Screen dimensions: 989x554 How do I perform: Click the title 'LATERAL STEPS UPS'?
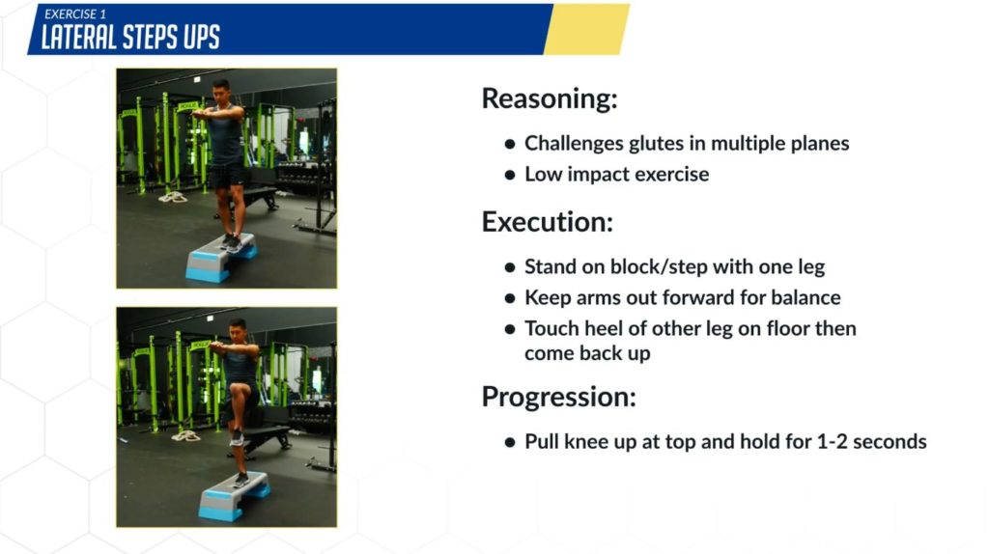pos(130,38)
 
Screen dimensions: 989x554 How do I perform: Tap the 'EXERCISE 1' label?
pos(75,14)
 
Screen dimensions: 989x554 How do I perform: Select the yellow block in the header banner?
pos(586,29)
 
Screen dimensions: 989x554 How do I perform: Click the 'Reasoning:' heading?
pos(550,99)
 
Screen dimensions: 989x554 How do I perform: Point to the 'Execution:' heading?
pos(548,222)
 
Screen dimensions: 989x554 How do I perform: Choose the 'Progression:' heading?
pos(559,397)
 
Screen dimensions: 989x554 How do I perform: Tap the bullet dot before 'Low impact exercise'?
pos(510,176)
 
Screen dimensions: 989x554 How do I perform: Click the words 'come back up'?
pos(587,353)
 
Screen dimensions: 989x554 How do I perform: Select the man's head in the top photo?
pos(221,92)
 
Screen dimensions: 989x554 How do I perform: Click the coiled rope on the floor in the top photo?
pos(173,197)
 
